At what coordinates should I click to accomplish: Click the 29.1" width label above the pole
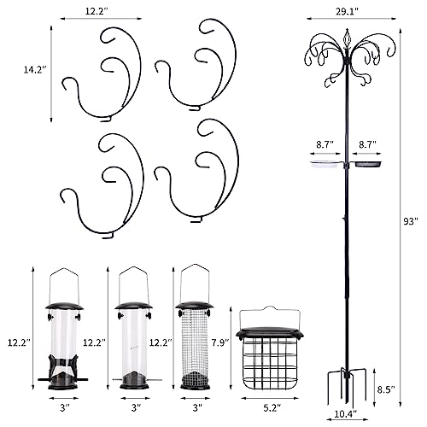[347, 11]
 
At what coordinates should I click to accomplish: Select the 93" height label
[410, 221]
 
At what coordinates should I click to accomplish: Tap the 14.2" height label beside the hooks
[35, 70]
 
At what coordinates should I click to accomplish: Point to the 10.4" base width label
[346, 413]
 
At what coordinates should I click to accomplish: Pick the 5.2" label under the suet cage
[272, 408]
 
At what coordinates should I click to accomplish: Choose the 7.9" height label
[220, 342]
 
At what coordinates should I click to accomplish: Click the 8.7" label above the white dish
[325, 144]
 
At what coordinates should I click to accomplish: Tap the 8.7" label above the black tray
[367, 144]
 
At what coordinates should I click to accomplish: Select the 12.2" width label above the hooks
[97, 11]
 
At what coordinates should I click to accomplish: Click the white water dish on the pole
[326, 165]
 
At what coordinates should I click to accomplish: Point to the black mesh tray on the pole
[368, 165]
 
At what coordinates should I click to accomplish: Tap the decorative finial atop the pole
[347, 39]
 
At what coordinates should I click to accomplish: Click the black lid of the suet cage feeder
[270, 333]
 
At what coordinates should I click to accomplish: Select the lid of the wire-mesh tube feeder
[194, 306]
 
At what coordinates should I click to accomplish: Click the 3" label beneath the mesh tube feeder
[197, 408]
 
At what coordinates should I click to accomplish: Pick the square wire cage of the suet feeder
[270, 364]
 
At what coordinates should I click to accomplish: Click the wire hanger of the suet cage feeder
[270, 317]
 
